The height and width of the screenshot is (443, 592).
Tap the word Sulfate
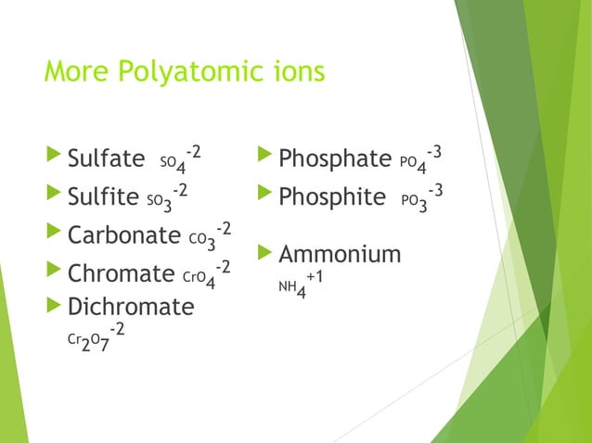point(106,158)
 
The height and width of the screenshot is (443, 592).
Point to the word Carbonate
point(123,236)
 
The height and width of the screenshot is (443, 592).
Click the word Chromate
point(121,274)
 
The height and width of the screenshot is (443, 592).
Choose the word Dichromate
point(131,307)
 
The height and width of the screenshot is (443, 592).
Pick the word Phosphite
point(331,197)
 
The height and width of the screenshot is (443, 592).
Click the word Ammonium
point(340,254)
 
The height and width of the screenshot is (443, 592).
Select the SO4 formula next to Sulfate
point(172,164)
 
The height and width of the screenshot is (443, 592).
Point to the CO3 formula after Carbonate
point(202,241)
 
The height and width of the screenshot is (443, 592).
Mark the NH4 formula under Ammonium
point(292,291)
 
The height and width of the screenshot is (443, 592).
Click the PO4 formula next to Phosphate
point(412,164)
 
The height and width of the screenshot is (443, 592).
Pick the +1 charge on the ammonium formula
point(315,277)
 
